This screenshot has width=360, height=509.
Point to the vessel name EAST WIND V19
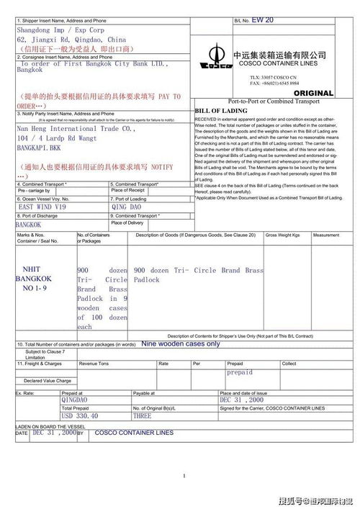[x=42, y=206]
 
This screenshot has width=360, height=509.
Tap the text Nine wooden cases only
[x=181, y=344]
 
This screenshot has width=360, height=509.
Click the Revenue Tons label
[x=94, y=364]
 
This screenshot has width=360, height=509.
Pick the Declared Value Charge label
[x=48, y=381]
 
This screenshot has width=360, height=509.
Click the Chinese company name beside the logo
[x=275, y=55]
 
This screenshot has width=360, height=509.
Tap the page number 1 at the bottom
[x=184, y=476]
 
